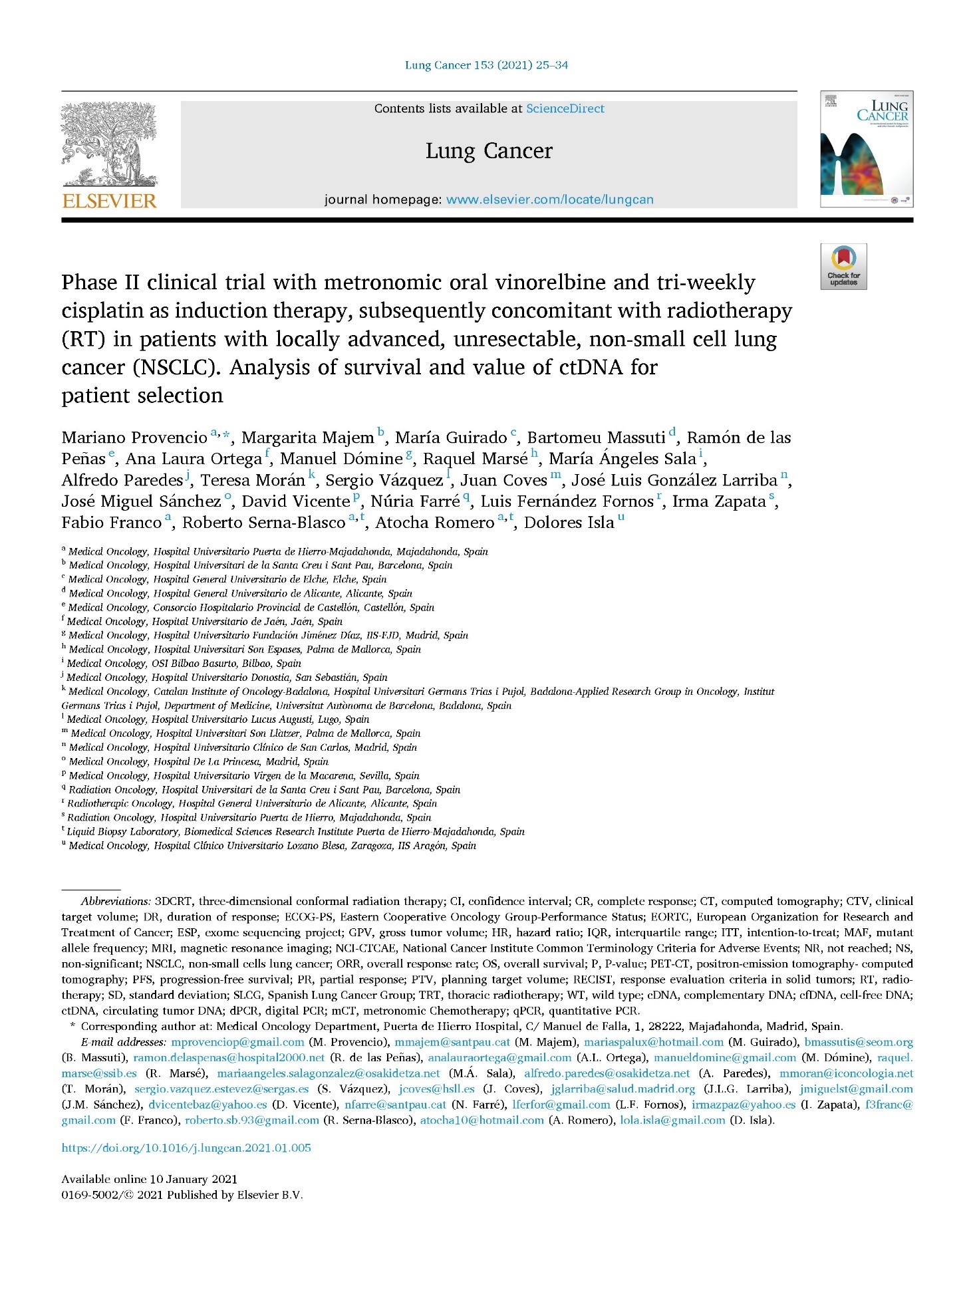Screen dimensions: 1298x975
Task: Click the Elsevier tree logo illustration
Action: [110, 143]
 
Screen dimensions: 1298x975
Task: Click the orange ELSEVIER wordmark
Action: [110, 201]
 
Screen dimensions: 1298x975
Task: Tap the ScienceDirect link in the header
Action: [565, 108]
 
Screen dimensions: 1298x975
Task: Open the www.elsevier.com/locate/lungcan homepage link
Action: [549, 199]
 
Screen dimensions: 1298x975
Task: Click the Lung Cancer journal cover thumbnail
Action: [866, 149]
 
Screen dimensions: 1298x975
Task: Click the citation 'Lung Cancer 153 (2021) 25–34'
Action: [486, 65]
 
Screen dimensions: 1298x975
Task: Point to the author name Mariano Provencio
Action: [134, 438]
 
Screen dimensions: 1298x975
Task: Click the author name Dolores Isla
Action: [569, 523]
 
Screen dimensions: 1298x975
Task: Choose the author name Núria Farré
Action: [415, 501]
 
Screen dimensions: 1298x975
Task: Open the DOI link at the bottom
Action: [186, 1148]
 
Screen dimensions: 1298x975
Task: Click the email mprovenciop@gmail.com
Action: [237, 1042]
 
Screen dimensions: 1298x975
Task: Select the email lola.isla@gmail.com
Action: [672, 1120]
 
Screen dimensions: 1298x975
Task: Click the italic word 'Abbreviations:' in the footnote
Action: [116, 902]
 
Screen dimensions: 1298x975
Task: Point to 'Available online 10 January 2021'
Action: [149, 1179]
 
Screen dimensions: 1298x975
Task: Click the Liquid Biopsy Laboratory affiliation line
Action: [295, 832]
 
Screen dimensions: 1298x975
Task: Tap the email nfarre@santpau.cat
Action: [395, 1104]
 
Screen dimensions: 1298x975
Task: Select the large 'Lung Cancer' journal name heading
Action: [489, 151]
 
